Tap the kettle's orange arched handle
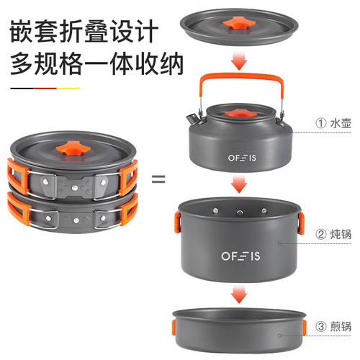pyautogui.click(x=241, y=77)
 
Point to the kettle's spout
pyautogui.click(x=192, y=118)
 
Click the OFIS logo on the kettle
pyautogui.click(x=242, y=158)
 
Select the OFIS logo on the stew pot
pyautogui.click(x=240, y=256)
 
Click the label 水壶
pyautogui.click(x=341, y=123)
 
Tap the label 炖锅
pyautogui.click(x=341, y=234)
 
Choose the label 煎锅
pyautogui.click(x=341, y=326)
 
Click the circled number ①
pyautogui.click(x=321, y=123)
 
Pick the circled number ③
pyautogui.click(x=321, y=327)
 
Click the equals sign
pyautogui.click(x=158, y=179)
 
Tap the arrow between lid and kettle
pyautogui.click(x=239, y=60)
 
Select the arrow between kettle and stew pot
pyautogui.click(x=239, y=184)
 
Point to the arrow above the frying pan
pyautogui.click(x=239, y=294)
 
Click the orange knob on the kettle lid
pyautogui.click(x=240, y=113)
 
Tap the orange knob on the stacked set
pyautogui.click(x=73, y=148)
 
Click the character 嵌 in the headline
pyautogui.click(x=22, y=31)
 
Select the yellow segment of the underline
pyautogui.click(x=68, y=89)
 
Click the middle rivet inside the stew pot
pyautogui.click(x=239, y=212)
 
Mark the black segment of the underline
pyautogui.click(x=22, y=89)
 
